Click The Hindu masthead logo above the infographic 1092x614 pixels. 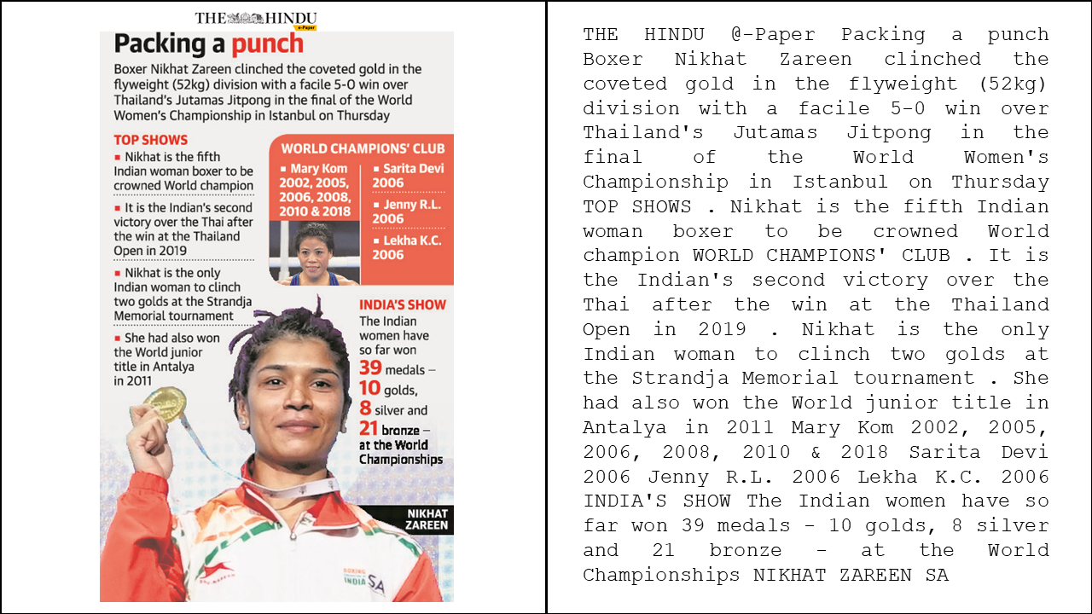pyautogui.click(x=255, y=18)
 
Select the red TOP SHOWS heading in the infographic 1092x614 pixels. pyautogui.click(x=151, y=140)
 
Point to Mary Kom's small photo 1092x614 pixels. pyautogui.click(x=313, y=253)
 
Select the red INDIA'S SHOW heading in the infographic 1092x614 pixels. pyautogui.click(x=402, y=304)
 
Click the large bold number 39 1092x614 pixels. pyautogui.click(x=370, y=368)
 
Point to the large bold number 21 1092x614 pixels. pyautogui.click(x=369, y=428)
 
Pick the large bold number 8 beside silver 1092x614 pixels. pyautogui.click(x=364, y=408)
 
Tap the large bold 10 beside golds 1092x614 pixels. pyautogui.click(x=369, y=389)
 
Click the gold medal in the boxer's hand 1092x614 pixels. pyautogui.click(x=166, y=404)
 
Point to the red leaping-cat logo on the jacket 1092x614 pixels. pyautogui.click(x=215, y=569)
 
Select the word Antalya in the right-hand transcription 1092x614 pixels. pyautogui.click(x=626, y=426)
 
